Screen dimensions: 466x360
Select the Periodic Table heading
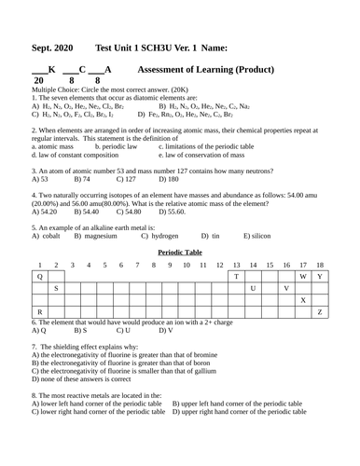coord(179,253)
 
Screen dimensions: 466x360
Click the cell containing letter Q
coord(39,277)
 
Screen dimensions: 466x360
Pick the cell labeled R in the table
coord(39,312)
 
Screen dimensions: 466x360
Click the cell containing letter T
coord(236,277)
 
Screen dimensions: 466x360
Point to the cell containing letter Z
coord(320,312)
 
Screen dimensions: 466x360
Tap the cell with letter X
coord(303,300)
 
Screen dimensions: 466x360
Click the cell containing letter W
coord(303,277)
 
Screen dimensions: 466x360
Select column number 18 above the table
coord(320,266)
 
